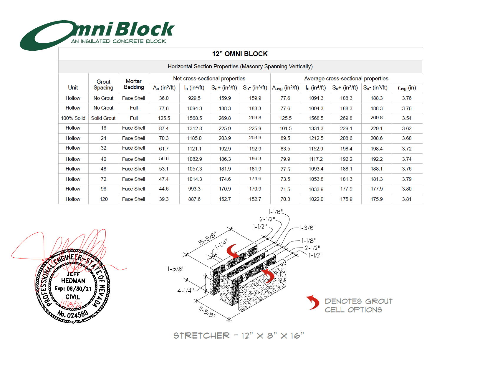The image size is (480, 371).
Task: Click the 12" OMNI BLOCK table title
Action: point(240,54)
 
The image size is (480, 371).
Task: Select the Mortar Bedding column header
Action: point(134,84)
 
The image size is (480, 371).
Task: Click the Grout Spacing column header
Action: point(103,85)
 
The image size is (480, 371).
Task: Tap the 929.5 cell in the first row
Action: point(194,98)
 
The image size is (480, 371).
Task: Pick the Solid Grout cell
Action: point(103,118)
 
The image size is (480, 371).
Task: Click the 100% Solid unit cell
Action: point(73,118)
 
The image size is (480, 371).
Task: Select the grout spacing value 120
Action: point(104,199)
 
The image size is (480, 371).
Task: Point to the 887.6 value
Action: point(194,199)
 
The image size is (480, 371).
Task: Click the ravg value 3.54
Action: point(407,118)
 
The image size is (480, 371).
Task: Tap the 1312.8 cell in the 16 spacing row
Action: point(194,128)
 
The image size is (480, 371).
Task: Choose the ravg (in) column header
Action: point(407,88)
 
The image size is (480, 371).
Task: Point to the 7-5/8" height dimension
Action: point(175,269)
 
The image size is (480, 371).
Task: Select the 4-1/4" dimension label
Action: point(186,291)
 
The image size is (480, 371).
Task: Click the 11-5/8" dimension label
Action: point(207,312)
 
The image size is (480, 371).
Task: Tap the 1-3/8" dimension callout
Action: point(307,228)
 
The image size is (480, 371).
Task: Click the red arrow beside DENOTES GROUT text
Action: point(313,302)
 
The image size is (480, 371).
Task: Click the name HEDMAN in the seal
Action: point(73,281)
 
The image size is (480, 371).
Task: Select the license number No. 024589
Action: point(72,314)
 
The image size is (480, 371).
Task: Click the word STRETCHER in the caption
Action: point(201,336)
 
